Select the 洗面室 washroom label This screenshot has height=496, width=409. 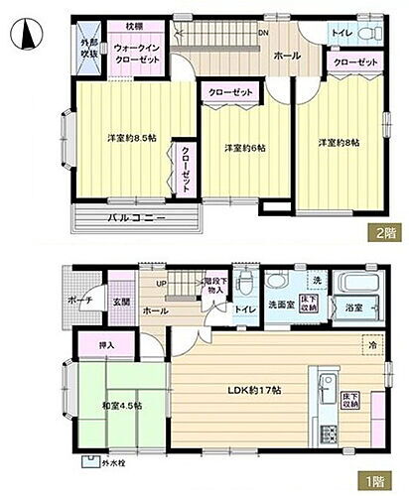[276, 305]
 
